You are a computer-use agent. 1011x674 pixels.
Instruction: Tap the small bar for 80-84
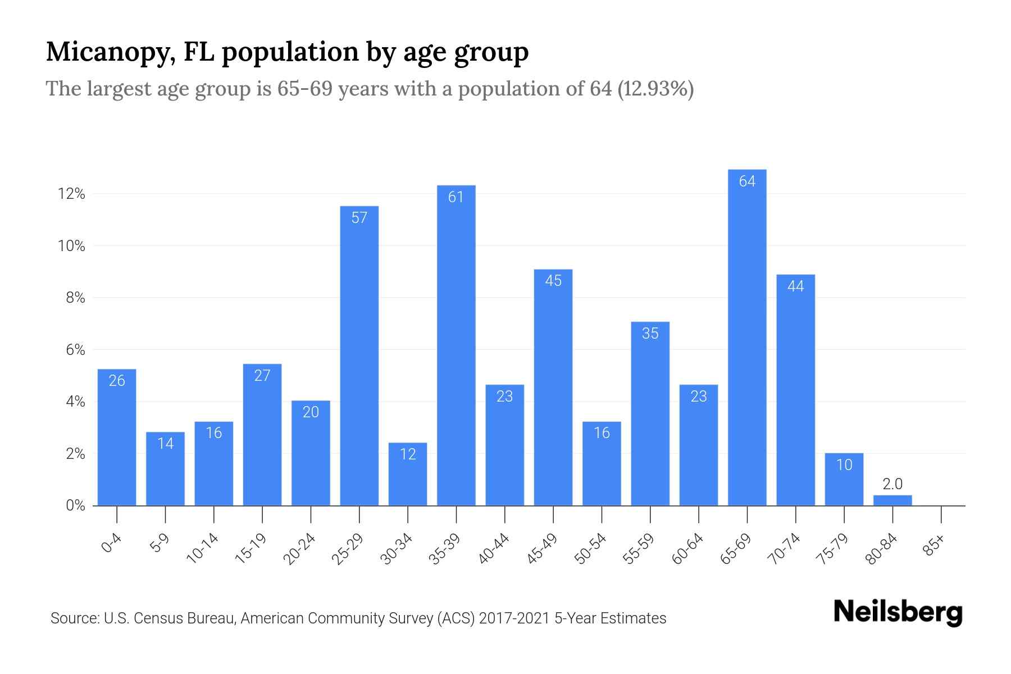pos(892,500)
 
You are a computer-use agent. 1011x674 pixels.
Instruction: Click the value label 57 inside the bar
pos(359,218)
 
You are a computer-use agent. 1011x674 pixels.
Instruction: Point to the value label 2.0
pos(892,484)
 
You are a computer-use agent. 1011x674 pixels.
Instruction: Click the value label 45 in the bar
pos(553,281)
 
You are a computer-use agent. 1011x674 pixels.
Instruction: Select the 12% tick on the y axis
pos(71,194)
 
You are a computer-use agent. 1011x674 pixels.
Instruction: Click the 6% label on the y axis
pos(75,350)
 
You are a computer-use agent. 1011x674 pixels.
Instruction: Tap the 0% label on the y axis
pos(75,505)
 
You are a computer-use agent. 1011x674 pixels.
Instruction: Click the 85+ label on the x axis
pos(934,546)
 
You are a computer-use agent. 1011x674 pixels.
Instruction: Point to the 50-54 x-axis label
pos(591,549)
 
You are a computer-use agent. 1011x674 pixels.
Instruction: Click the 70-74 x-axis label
pos(785,549)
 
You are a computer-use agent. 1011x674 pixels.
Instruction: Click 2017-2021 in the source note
pos(514,618)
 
